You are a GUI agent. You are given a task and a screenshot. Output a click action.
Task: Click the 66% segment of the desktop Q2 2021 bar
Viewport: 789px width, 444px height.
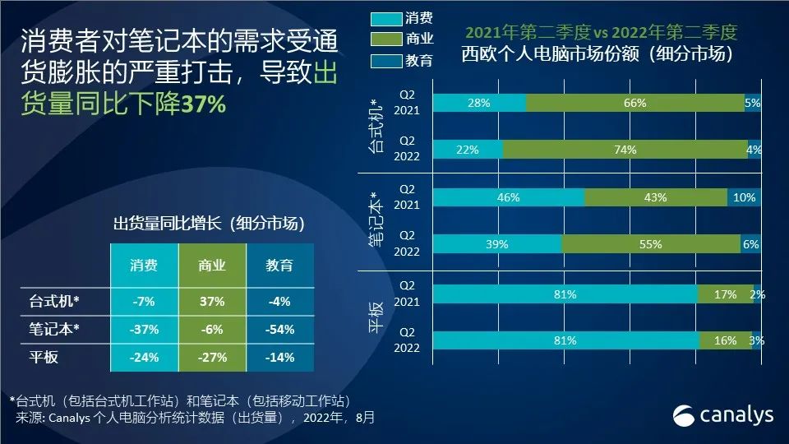pos(634,103)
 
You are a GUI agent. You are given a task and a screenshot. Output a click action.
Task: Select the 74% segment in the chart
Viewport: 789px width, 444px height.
pos(625,149)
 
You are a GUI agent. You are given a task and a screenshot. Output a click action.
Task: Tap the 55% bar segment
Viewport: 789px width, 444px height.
pos(650,243)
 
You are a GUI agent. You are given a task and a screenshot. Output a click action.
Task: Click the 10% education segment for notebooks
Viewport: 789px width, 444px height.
pos(744,197)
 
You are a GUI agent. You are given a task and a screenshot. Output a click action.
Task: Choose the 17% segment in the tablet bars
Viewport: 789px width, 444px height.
pos(725,294)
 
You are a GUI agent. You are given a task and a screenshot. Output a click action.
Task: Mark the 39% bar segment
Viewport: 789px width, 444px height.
pos(497,243)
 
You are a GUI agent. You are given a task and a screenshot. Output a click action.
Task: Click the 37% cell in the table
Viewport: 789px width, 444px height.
pos(211,301)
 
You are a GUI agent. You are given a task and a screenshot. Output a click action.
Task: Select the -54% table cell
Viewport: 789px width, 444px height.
pos(279,329)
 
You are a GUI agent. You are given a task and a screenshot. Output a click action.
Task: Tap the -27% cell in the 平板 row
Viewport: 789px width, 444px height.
pos(211,357)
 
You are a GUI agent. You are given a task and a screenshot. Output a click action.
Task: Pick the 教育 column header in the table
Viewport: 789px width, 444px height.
pos(279,266)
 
